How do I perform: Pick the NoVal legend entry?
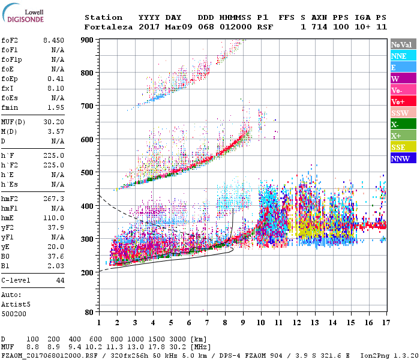point(403,44)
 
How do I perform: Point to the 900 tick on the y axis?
point(87,40)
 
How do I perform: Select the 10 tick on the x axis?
point(260,322)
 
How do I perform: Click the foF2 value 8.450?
point(53,40)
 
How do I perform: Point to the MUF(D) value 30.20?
point(53,122)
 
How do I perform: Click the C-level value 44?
point(60,280)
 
